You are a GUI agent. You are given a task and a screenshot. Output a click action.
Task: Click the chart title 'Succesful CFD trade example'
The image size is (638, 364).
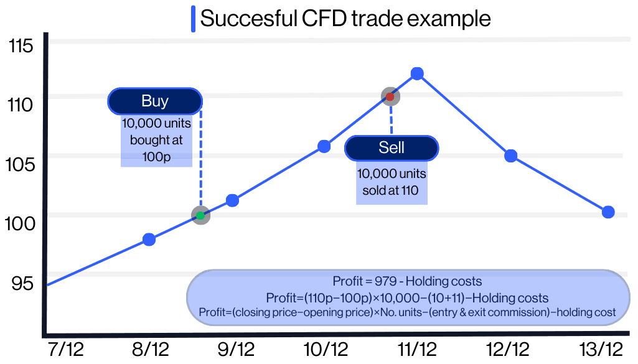(345, 18)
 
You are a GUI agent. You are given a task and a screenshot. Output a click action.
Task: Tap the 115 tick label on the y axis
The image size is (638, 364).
(20, 46)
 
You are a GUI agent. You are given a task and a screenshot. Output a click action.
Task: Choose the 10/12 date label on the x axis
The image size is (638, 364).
(326, 349)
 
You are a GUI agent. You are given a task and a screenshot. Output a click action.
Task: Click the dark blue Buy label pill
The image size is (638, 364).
(155, 101)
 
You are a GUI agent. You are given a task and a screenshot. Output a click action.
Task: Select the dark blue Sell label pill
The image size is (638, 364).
(392, 147)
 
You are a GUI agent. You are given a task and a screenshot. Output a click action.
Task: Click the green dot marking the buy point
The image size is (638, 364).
(200, 216)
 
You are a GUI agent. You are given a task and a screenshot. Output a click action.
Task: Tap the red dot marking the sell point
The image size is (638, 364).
(390, 96)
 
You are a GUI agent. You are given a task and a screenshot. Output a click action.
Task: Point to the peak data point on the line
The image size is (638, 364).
(418, 74)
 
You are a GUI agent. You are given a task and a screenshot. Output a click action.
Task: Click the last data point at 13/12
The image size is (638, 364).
(608, 212)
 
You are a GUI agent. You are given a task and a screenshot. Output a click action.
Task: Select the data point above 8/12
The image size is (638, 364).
(149, 239)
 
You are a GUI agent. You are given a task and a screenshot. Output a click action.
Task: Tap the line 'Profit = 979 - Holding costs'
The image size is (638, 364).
(407, 281)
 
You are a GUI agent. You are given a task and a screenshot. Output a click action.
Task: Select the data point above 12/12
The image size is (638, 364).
(510, 156)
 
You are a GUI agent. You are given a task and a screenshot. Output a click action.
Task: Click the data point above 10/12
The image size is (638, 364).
(324, 147)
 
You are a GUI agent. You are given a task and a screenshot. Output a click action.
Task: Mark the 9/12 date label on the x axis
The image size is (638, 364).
(236, 349)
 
